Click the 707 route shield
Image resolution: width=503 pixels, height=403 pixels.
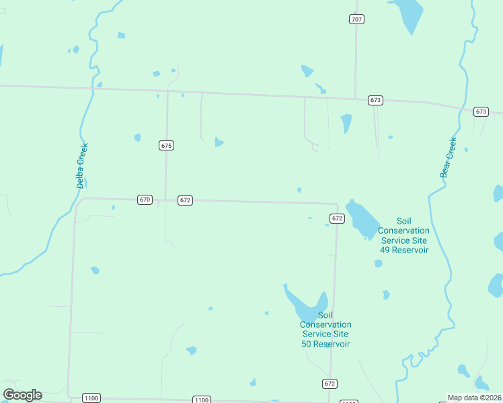coord(356,19)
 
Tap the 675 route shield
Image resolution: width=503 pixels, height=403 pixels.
coord(167,145)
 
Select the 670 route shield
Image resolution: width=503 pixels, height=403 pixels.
coord(145,199)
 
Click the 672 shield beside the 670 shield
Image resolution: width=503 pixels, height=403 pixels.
coord(186,200)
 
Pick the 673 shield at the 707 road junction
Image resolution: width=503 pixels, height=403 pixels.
coord(375,100)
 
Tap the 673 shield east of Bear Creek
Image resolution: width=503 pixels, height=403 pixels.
coord(480,111)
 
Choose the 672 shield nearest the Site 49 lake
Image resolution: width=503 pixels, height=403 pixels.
coord(337,218)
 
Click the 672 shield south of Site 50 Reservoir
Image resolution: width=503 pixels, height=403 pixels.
coord(329,384)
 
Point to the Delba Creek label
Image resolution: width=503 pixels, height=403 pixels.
coord(81,165)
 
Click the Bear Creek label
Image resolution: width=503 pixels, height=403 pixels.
coord(449,157)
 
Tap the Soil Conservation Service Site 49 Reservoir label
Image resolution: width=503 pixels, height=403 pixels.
coord(403,235)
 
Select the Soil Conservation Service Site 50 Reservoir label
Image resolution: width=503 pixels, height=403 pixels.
coord(325,329)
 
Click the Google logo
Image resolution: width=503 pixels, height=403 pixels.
coord(22,394)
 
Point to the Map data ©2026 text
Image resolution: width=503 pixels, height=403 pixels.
coord(474,398)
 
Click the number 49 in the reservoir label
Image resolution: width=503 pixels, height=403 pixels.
coord(385,250)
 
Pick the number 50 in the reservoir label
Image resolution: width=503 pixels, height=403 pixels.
coord(307,344)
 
